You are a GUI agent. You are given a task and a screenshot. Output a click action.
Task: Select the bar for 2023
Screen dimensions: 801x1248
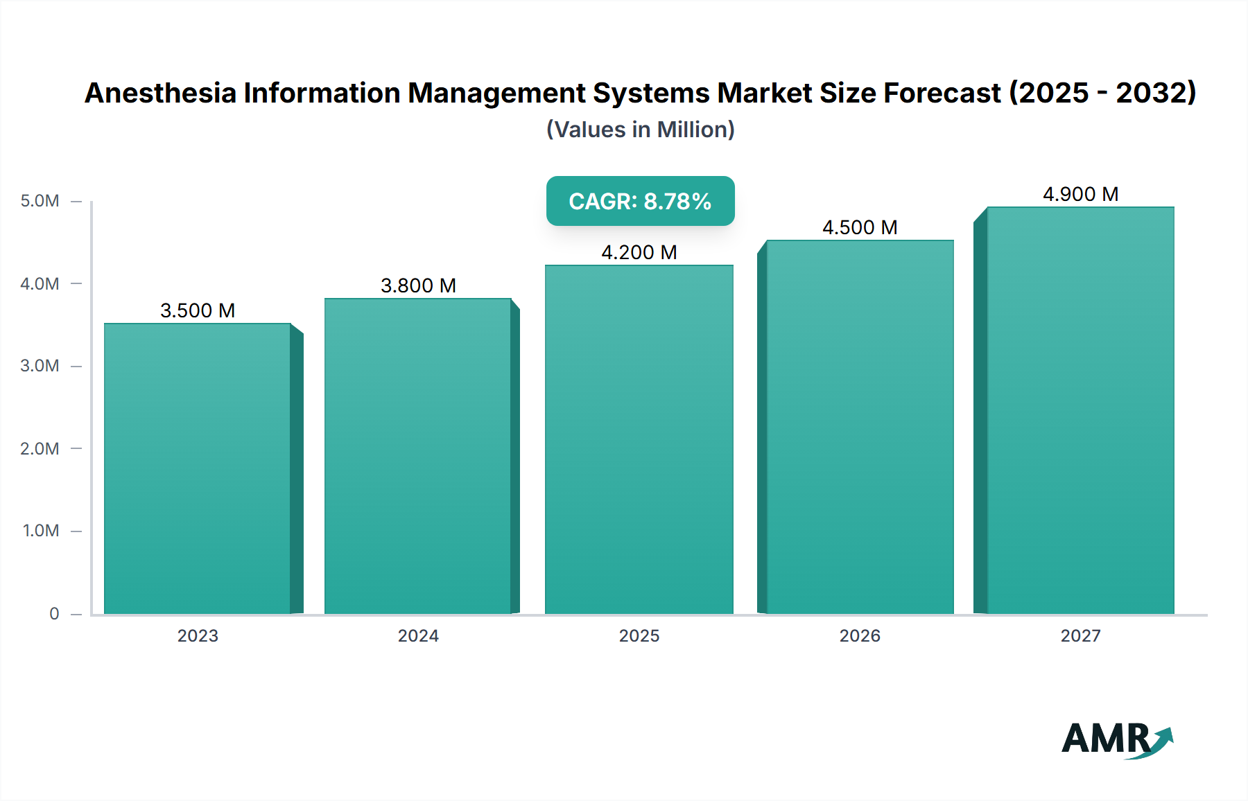point(198,468)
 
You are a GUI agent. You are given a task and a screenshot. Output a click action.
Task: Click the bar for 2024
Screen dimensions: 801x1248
point(418,456)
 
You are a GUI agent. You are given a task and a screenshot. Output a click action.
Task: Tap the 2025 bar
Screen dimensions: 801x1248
point(639,439)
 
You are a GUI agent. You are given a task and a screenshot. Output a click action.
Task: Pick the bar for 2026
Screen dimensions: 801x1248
point(860,427)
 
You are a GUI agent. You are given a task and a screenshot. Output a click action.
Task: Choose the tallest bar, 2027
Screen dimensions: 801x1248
point(1080,410)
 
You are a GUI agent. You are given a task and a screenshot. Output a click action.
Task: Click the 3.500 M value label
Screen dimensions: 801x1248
point(198,310)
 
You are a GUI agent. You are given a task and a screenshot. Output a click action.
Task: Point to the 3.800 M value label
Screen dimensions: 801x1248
point(418,285)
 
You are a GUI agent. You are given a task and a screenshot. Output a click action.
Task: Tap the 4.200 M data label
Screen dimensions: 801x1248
point(639,252)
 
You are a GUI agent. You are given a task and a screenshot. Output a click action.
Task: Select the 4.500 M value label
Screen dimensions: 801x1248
point(860,227)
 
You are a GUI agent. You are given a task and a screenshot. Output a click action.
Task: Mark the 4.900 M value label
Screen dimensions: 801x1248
point(1080,194)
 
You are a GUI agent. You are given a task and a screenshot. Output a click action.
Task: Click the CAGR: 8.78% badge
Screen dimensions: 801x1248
point(640,201)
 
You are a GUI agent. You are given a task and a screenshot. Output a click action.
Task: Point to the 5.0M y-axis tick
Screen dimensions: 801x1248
point(40,201)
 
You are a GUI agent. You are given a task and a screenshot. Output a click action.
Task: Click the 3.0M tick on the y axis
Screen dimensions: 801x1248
point(40,366)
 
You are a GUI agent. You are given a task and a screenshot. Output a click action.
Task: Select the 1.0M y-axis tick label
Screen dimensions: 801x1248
point(41,531)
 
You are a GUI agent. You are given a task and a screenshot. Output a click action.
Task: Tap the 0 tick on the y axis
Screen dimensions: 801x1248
point(54,613)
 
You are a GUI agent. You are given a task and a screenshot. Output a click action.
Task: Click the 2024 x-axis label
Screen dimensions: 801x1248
point(418,635)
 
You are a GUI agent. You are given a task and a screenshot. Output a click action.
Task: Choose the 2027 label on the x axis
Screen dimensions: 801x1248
point(1080,635)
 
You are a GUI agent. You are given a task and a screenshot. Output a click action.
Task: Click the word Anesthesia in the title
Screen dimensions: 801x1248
point(160,93)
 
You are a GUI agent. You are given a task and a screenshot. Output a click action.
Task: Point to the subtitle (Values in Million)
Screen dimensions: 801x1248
point(640,130)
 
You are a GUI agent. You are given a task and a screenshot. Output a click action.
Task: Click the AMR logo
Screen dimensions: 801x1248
point(1116,739)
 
